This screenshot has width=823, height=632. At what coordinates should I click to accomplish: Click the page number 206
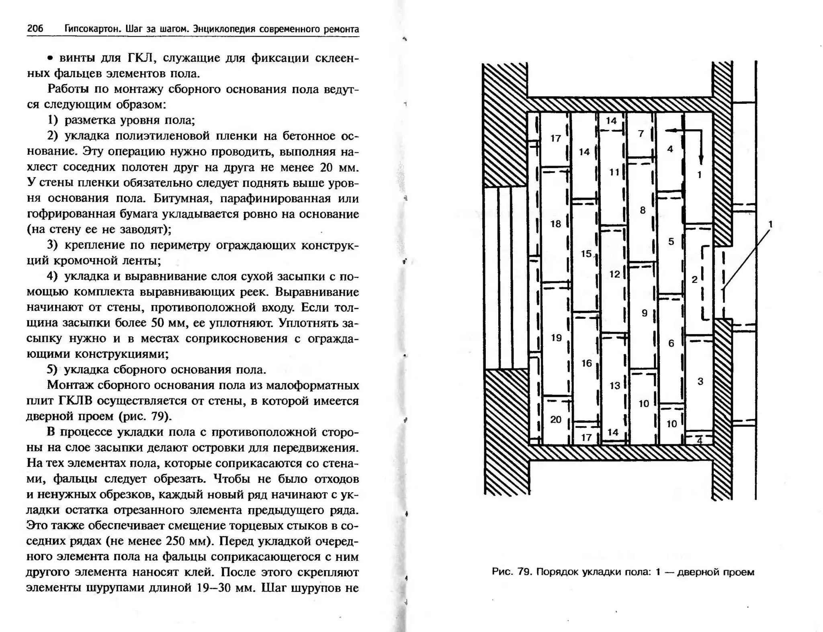coord(35,29)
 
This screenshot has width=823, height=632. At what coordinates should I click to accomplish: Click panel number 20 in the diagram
coord(555,420)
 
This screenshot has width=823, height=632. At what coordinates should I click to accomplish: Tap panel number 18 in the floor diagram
coord(555,224)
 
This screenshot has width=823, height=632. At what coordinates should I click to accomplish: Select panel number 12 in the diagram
coord(614,274)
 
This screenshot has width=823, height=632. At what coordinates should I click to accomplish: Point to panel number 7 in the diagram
coord(641,133)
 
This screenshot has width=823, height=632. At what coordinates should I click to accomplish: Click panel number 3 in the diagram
coord(700,381)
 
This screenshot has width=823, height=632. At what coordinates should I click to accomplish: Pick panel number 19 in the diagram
coord(556,338)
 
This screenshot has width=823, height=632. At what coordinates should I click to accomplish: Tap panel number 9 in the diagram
coord(644,313)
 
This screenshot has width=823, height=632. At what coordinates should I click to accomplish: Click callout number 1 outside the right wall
coord(770,224)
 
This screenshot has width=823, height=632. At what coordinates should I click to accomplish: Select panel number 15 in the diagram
coord(586,254)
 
